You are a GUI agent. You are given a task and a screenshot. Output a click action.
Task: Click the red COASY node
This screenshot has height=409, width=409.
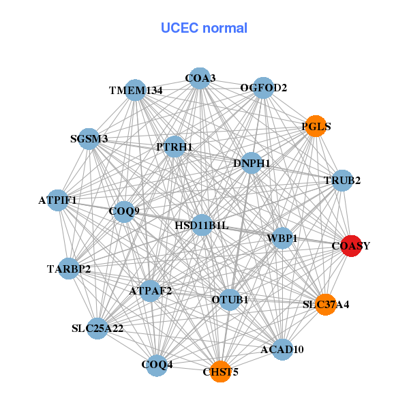click(x=350, y=246)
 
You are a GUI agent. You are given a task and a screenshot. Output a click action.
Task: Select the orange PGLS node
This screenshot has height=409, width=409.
click(x=315, y=126)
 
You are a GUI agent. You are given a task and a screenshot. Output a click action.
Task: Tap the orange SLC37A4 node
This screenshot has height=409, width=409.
click(x=326, y=304)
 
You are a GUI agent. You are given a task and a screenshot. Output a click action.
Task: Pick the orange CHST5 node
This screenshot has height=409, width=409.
click(x=220, y=372)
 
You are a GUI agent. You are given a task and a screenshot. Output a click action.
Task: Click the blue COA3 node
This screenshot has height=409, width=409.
click(x=200, y=78)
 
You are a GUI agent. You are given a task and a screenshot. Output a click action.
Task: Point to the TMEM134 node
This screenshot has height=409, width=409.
click(x=136, y=90)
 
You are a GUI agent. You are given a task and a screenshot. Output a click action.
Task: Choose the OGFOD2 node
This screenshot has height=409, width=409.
click(x=264, y=88)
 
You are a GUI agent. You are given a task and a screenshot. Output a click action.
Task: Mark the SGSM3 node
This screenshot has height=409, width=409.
click(x=89, y=138)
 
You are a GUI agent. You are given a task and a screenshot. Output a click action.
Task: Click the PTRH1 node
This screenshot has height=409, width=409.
click(x=175, y=147)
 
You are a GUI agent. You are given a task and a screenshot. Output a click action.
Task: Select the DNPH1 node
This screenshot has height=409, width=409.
click(x=252, y=163)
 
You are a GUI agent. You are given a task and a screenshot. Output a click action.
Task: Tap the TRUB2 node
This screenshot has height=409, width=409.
click(x=342, y=181)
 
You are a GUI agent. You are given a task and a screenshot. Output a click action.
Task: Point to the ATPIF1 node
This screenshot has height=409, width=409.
click(x=58, y=200)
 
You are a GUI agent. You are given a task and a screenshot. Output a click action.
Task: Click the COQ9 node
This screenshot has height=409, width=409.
click(x=124, y=211)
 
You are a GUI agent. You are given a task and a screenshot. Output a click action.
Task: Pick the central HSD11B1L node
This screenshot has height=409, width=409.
click(x=202, y=224)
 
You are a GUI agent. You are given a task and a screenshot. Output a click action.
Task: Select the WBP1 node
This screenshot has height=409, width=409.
click(x=282, y=238)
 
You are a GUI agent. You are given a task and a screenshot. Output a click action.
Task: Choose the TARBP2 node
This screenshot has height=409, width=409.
click(x=69, y=268)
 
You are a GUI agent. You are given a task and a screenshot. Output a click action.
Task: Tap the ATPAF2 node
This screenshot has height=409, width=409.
click(x=151, y=290)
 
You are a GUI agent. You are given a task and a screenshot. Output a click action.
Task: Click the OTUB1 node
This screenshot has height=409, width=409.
click(x=230, y=299)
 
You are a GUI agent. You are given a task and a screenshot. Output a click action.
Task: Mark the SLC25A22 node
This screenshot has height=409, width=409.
click(x=97, y=329)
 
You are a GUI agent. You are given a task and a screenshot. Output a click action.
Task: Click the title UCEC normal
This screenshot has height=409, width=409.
click(x=204, y=28)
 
